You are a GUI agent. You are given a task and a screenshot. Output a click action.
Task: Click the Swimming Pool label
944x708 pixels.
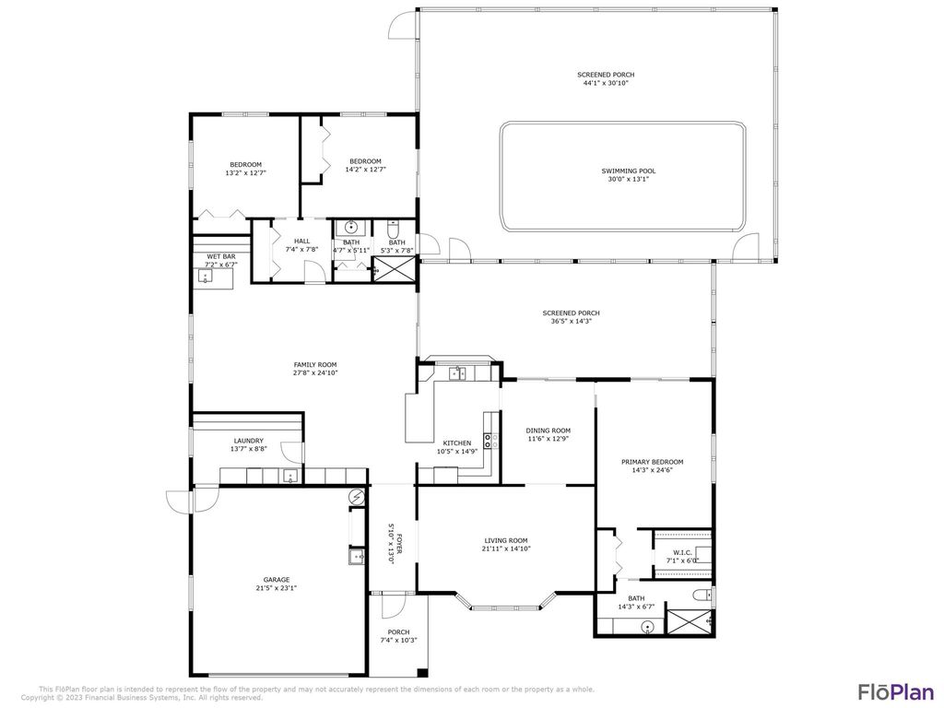point(629,171)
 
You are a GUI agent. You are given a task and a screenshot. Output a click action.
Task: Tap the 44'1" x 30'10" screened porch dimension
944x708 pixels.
point(606,83)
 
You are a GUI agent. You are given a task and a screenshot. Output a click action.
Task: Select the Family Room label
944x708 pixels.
point(315,364)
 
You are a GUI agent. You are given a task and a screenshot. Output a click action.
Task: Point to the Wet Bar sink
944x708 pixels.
point(204,276)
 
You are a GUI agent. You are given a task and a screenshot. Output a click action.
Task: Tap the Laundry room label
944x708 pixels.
point(249,441)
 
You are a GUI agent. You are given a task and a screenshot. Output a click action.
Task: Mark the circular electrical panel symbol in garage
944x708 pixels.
point(357,497)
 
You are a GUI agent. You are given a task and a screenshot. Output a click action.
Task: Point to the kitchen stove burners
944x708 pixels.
point(489,441)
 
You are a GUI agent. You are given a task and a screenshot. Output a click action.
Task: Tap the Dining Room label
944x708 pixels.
point(548,431)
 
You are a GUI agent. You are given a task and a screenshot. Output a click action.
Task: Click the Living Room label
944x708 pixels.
point(505,540)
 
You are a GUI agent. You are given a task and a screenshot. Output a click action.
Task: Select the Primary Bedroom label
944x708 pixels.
point(652,461)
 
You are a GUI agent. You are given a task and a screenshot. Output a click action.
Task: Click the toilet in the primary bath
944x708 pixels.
point(702,595)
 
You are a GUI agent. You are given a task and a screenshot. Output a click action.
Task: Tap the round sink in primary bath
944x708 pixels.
point(647,627)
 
